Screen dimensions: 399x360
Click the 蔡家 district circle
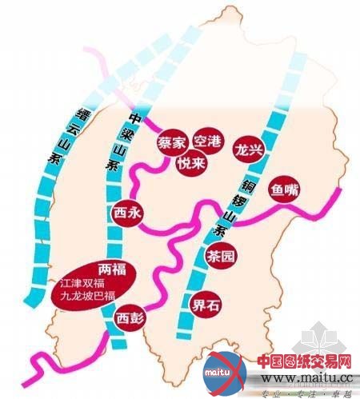[171, 143]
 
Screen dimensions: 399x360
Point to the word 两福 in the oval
[111, 268]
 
